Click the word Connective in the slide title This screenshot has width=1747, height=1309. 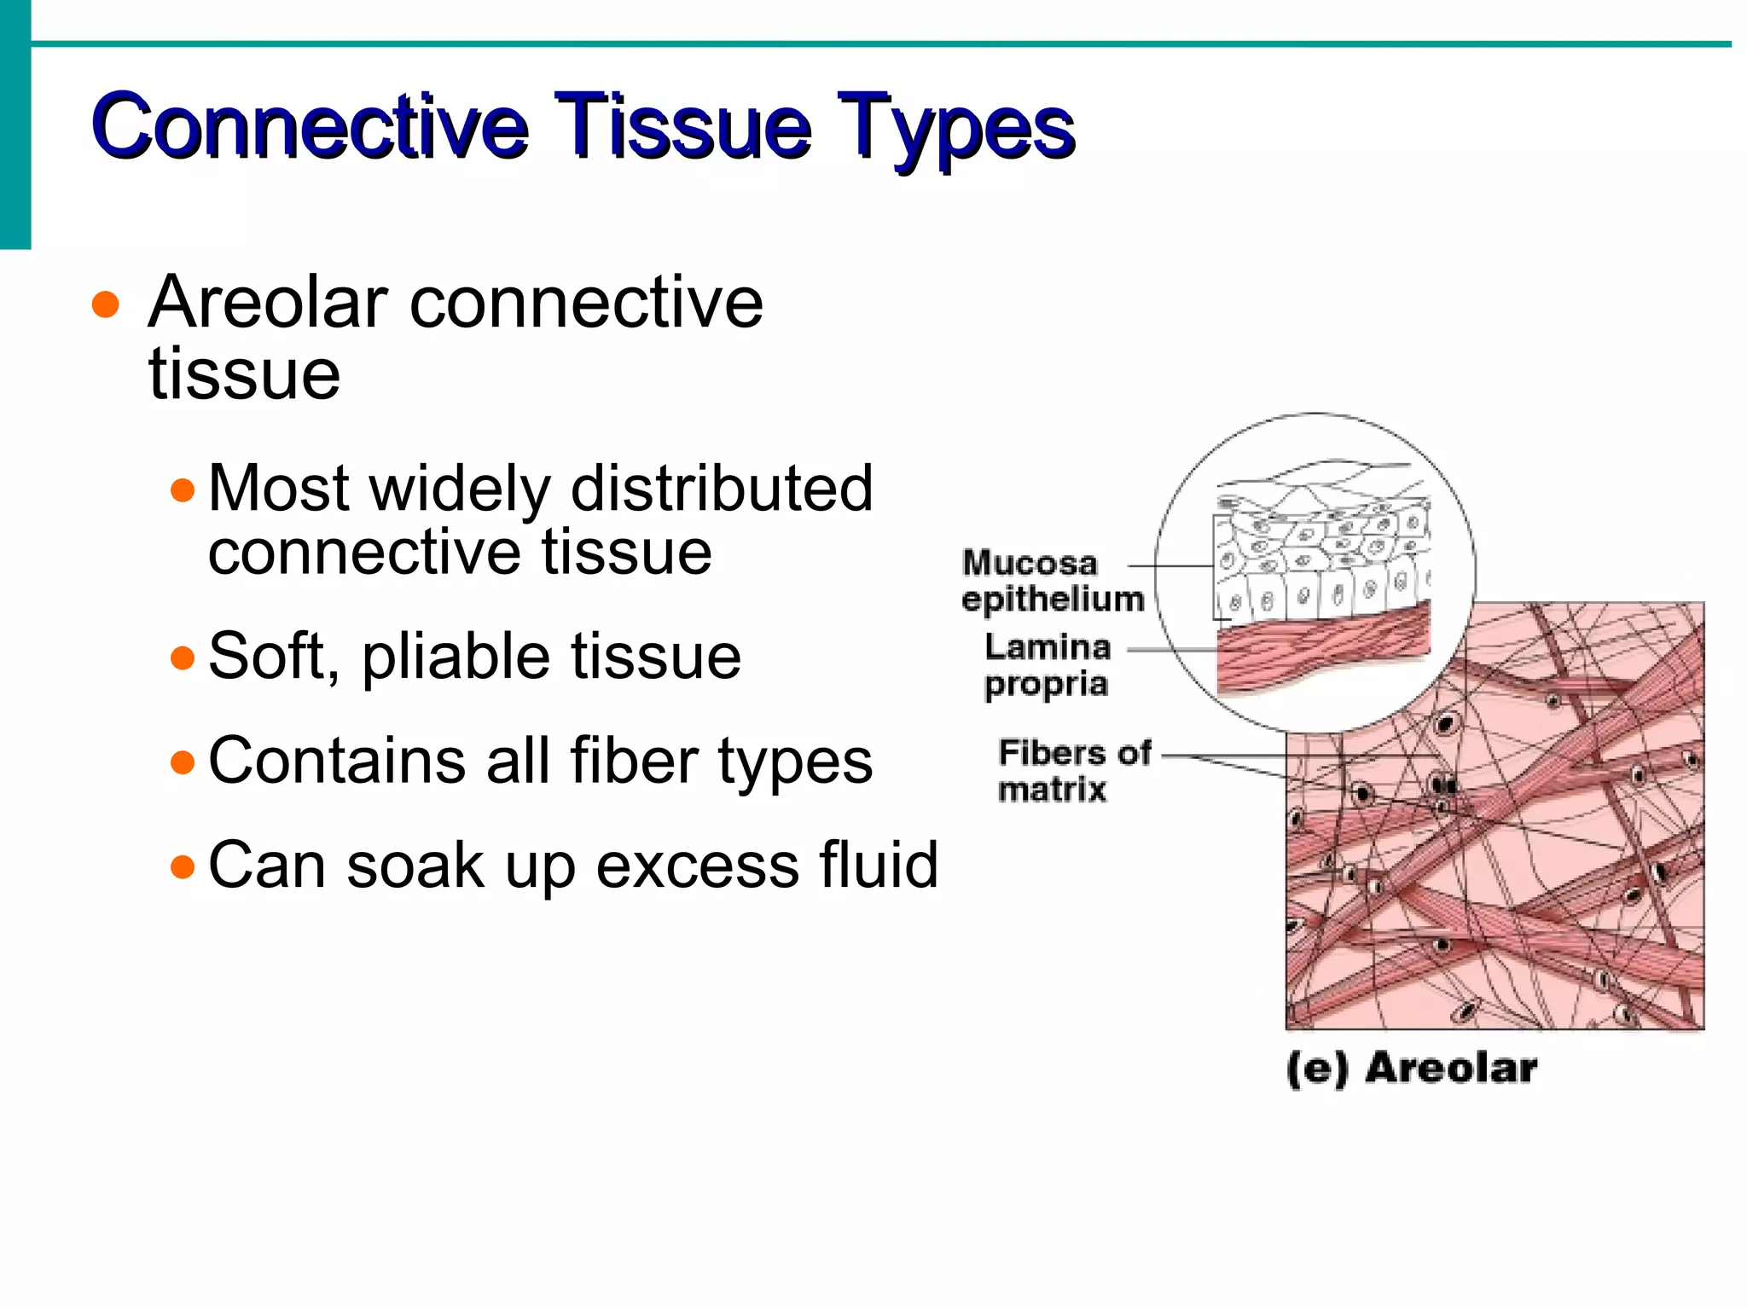coord(311,126)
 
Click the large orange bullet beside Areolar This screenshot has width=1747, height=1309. coord(106,304)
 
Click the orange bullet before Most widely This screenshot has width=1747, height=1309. coord(183,490)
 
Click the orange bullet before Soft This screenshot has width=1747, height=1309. coord(183,657)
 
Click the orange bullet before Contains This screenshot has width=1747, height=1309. coord(183,762)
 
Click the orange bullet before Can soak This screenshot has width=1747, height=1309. coord(183,867)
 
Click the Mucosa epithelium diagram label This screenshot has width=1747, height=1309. coord(1052,581)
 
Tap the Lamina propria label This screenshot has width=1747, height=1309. coord(1048,665)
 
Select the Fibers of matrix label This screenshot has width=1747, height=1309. coord(1073,771)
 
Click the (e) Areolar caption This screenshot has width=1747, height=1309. coord(1412,1069)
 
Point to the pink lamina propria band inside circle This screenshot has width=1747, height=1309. coord(1322,648)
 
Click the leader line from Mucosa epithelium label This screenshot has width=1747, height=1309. coord(1170,565)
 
